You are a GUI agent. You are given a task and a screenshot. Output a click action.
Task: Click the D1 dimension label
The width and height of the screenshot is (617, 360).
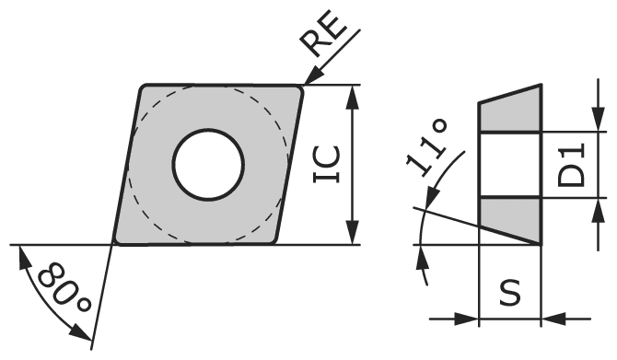point(573,165)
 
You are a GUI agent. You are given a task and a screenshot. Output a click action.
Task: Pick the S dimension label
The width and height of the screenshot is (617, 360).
point(509,293)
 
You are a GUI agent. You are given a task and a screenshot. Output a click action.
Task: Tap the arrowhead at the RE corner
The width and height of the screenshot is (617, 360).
point(309,82)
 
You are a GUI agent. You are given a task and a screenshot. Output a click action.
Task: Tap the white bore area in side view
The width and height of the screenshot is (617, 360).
point(509,165)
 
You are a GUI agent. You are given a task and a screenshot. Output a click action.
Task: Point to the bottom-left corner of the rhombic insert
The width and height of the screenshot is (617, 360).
point(115,243)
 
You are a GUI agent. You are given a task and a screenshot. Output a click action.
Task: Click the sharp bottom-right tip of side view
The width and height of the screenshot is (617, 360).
point(539,244)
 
